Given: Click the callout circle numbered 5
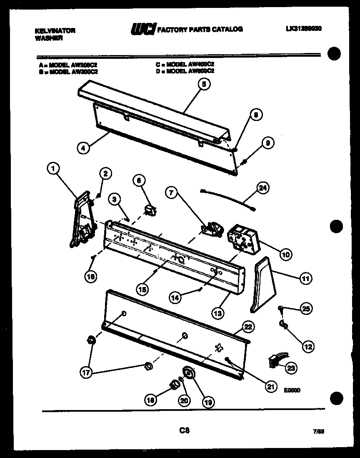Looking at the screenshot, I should pos(203,84).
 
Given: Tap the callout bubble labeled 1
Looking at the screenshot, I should pos(52,169).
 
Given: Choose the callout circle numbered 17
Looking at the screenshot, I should pos(85,373).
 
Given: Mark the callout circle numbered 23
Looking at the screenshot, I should pos(290,367).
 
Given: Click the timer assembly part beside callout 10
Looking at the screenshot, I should pos(242,238).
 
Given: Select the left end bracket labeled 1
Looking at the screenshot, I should pos(83,219).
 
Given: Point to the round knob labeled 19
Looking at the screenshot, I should pos(188,372).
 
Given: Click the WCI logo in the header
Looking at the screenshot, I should pos(143,29).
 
